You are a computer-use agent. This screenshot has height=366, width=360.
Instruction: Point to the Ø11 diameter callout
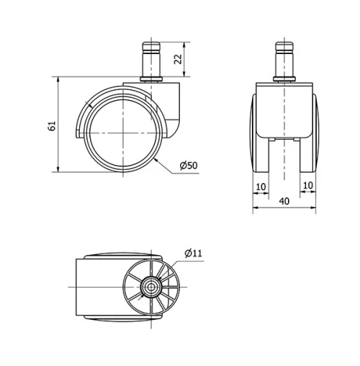[193, 253]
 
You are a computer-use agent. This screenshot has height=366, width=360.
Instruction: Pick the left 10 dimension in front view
[260, 186]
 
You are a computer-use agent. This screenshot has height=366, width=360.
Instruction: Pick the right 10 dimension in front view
[307, 186]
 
